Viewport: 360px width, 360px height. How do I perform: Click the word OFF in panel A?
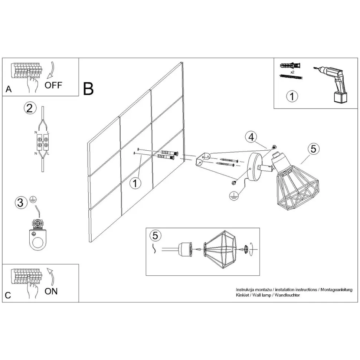click(x=53, y=85)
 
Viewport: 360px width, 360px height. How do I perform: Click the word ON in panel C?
click(x=51, y=291)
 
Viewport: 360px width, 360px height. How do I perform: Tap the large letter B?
click(x=88, y=89)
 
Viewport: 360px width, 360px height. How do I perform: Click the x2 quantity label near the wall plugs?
click(x=292, y=72)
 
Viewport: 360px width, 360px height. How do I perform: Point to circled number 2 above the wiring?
click(x=30, y=108)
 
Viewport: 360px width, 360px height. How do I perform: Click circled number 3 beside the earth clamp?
click(x=21, y=203)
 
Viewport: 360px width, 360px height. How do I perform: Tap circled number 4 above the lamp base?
click(x=251, y=137)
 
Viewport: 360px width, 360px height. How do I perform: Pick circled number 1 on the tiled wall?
click(x=135, y=183)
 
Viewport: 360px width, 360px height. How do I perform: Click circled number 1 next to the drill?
click(x=292, y=96)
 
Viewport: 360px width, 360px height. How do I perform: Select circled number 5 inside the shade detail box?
click(x=155, y=236)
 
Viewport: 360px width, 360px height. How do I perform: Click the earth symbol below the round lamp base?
click(x=233, y=196)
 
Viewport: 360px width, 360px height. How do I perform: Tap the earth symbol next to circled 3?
click(x=33, y=200)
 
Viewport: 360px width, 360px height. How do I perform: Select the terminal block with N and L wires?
click(x=43, y=143)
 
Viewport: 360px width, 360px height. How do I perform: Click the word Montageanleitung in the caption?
click(x=336, y=290)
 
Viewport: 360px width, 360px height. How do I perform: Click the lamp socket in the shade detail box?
click(x=185, y=249)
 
